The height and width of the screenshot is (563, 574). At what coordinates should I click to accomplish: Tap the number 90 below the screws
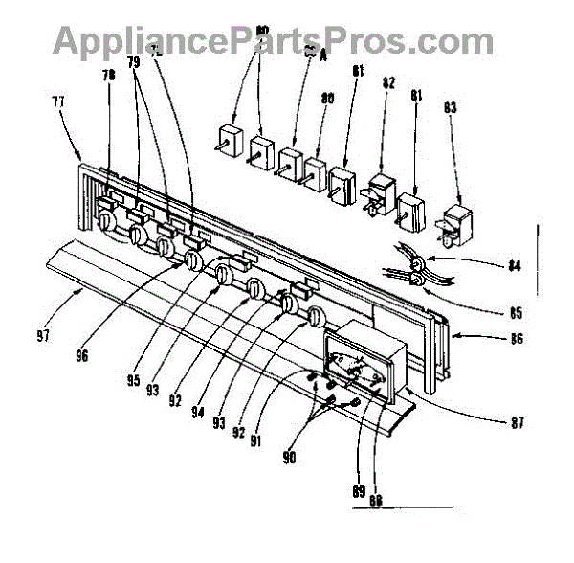coord(289,459)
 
